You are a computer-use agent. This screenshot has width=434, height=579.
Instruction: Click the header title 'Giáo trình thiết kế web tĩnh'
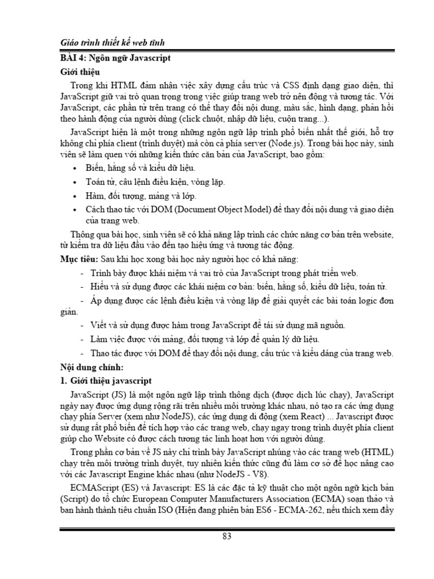[112, 44]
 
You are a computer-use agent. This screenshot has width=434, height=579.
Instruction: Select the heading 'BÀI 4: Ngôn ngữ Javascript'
[116, 58]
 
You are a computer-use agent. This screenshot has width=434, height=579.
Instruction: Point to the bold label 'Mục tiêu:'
[79, 259]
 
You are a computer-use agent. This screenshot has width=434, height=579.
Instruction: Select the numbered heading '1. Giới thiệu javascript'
[106, 381]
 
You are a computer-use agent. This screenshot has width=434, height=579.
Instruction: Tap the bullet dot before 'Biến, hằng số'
[76, 168]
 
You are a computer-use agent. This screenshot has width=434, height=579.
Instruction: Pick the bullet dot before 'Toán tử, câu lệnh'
[76, 183]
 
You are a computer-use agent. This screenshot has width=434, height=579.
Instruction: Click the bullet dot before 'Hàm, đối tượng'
[76, 196]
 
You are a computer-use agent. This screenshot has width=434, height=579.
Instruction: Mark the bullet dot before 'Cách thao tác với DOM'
[76, 210]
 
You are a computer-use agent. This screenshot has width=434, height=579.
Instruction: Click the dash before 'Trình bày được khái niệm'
[83, 273]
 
